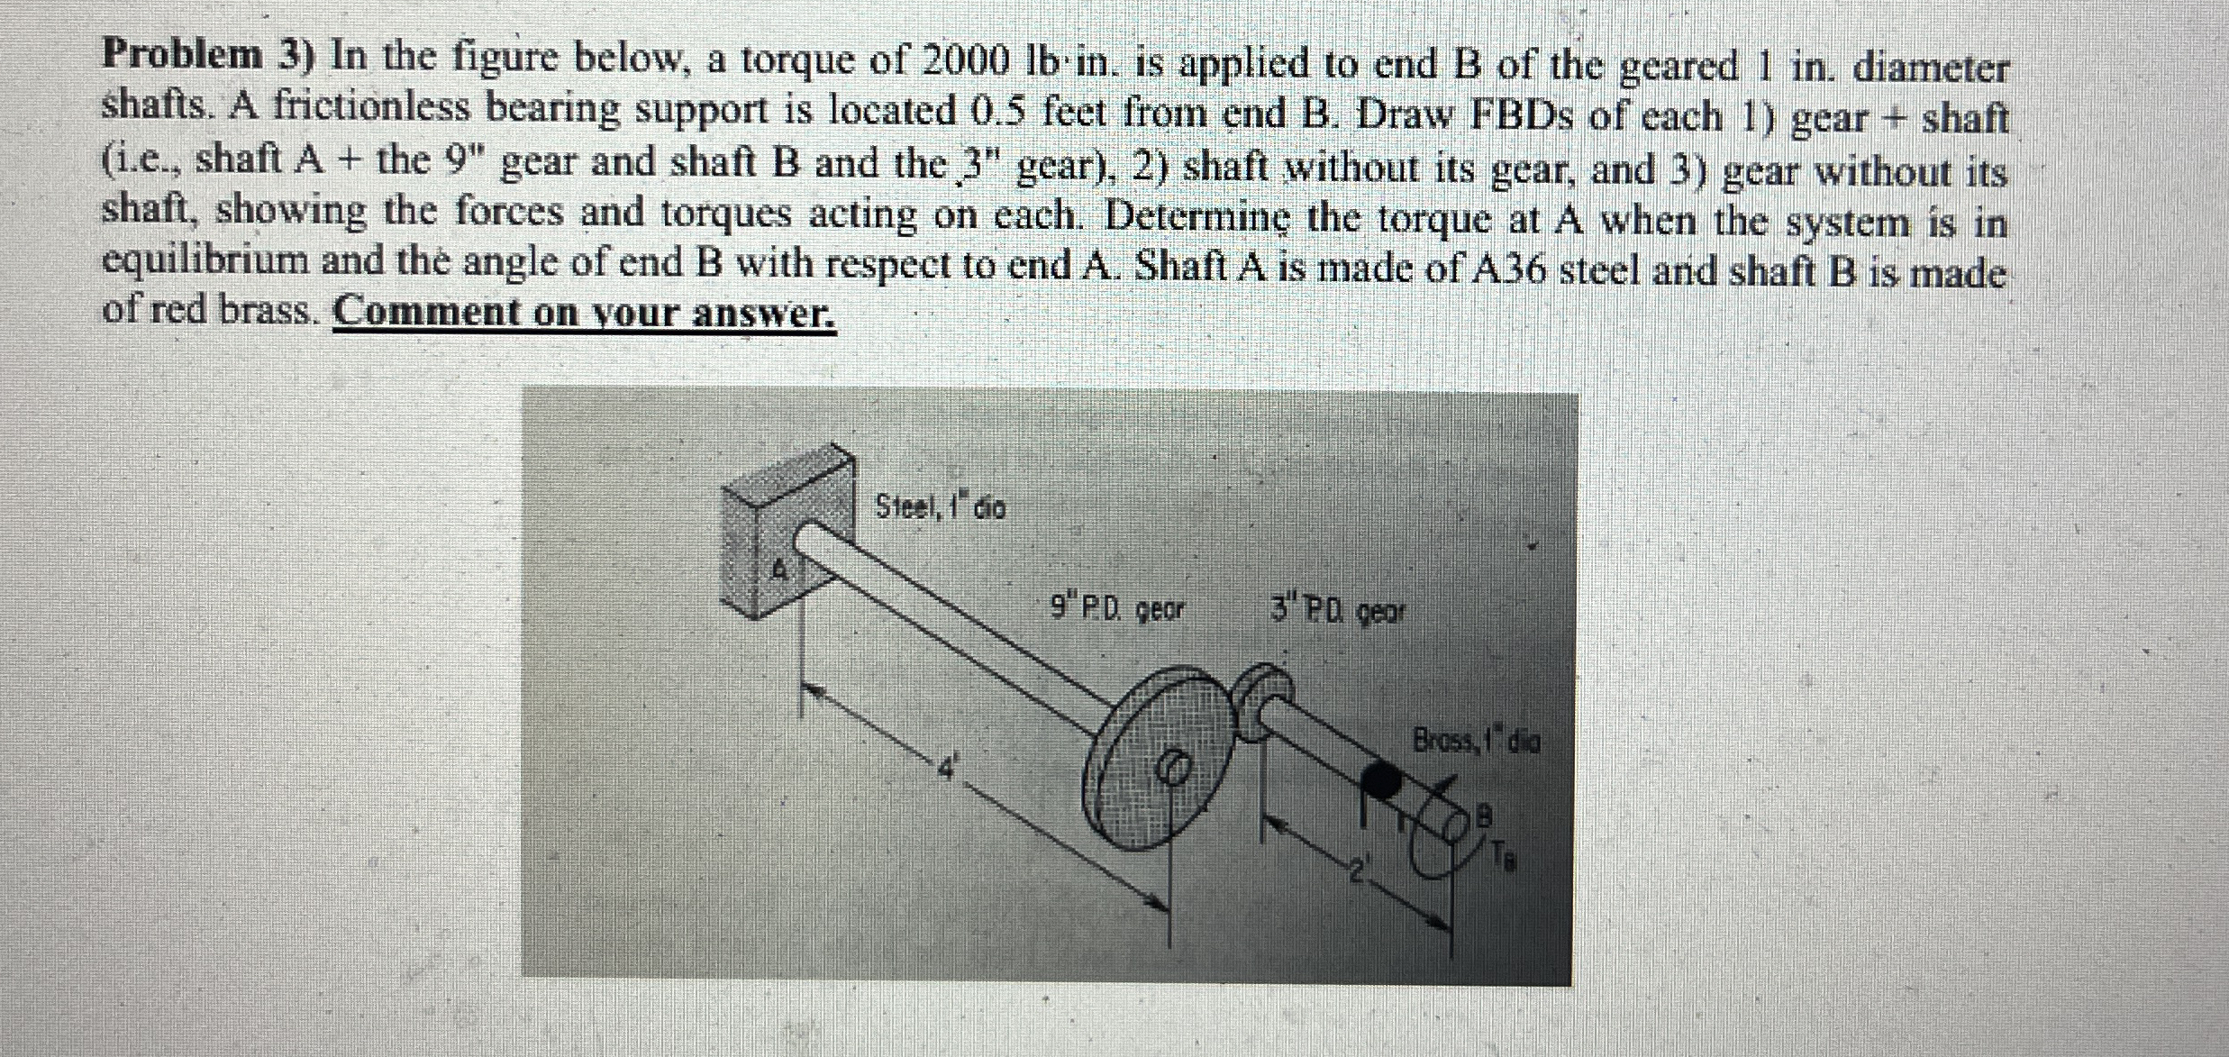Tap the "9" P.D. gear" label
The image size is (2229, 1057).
pos(1117,610)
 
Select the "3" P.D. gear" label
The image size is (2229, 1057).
pos(1337,612)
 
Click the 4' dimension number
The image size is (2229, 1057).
pos(943,768)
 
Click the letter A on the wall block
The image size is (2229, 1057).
pos(781,569)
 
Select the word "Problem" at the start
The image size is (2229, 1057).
pos(181,56)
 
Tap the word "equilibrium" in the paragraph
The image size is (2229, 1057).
pos(206,262)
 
